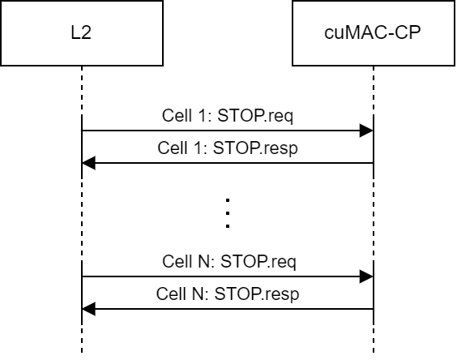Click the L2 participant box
[81, 33]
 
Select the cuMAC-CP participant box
[373, 33]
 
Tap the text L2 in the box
[82, 34]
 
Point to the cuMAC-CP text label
[373, 34]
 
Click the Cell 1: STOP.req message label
[228, 116]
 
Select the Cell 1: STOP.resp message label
[228, 148]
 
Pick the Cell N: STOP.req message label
[228, 262]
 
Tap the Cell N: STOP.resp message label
[228, 294]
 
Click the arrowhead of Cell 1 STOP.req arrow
[367, 131]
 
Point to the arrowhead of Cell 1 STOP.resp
[88, 163]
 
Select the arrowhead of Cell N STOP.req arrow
[367, 276]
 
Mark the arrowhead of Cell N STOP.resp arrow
[88, 308]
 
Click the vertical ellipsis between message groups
[228, 212]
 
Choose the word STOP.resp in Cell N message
[258, 294]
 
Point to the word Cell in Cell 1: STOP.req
[176, 116]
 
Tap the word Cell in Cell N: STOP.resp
[170, 294]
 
